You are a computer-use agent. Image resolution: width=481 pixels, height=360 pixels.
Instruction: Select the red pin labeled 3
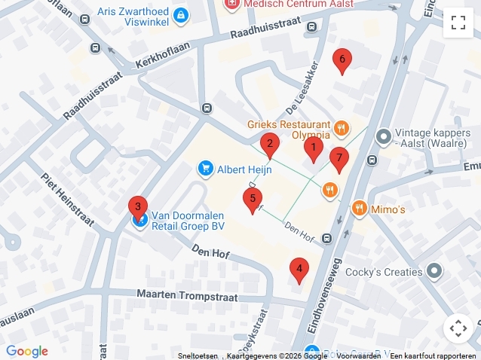(x=136, y=206)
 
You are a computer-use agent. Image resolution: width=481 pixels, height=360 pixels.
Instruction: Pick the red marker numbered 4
(x=299, y=269)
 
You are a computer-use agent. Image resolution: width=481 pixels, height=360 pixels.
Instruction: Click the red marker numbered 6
(x=342, y=60)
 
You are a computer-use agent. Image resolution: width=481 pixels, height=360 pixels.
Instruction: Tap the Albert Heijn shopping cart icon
(x=204, y=169)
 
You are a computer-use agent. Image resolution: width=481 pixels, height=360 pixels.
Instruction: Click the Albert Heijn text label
(x=244, y=169)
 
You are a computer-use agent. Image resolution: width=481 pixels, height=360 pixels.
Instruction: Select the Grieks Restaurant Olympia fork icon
(x=342, y=128)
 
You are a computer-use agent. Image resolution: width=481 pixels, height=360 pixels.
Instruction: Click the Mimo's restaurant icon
(x=359, y=208)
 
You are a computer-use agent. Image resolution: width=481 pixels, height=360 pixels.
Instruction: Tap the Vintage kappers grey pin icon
(x=383, y=136)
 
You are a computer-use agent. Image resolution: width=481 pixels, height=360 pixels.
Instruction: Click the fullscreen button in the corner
(x=458, y=23)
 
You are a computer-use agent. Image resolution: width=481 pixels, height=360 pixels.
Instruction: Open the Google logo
(x=27, y=351)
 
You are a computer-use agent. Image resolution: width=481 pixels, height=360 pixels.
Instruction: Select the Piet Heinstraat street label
(x=68, y=200)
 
